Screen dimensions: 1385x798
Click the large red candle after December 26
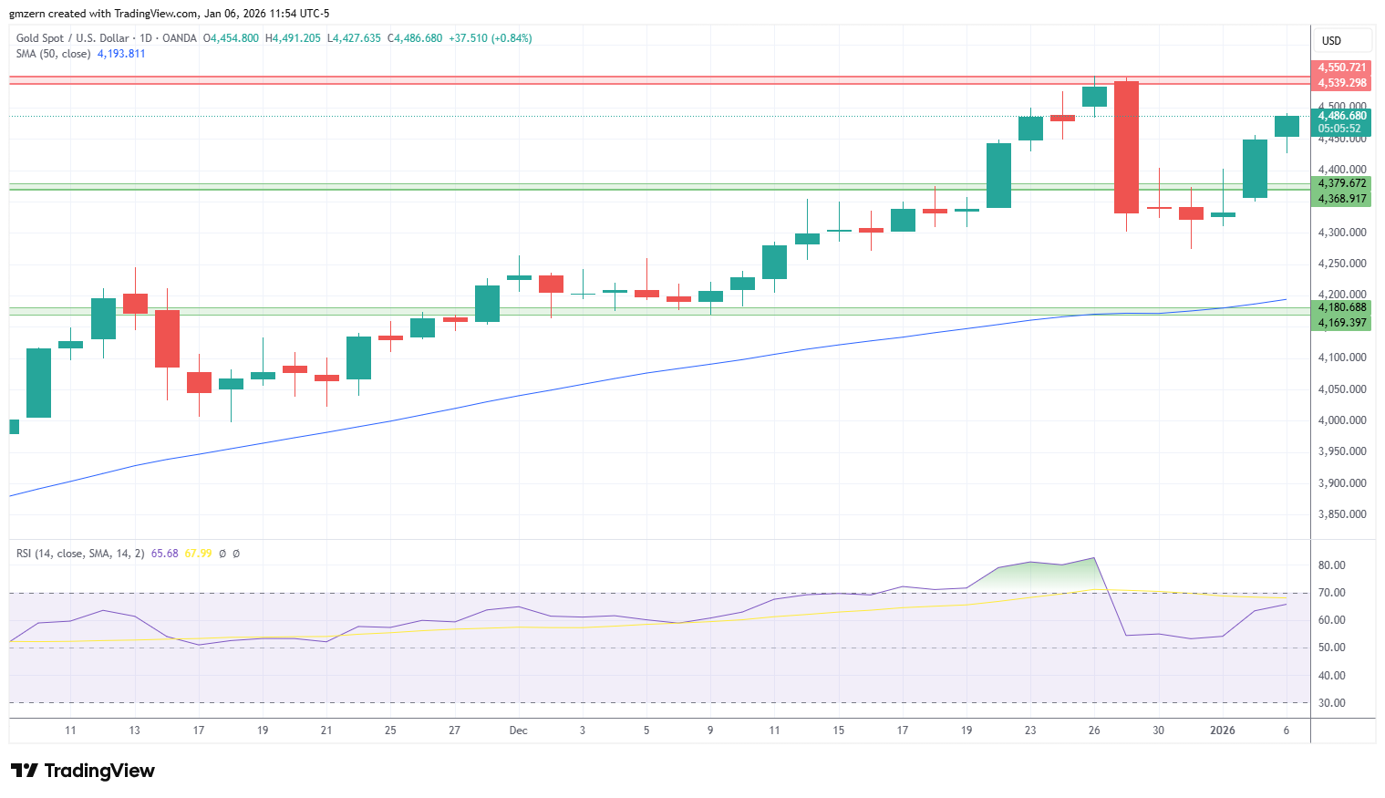(1126, 147)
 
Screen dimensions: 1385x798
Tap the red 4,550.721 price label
(1341, 67)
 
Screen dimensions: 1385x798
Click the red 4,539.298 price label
(1341, 83)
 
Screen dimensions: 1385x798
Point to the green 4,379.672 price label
(1341, 183)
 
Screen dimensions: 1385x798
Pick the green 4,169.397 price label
(1341, 323)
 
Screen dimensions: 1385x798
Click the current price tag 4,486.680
(1341, 116)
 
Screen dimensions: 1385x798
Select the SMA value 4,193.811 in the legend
(121, 54)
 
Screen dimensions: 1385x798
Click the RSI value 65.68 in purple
(164, 554)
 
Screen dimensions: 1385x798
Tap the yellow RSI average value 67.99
(198, 554)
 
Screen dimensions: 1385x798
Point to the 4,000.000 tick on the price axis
(1342, 420)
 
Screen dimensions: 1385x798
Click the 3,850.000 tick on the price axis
(1342, 514)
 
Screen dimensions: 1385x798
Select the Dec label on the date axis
(518, 731)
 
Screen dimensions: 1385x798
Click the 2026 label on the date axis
(1223, 731)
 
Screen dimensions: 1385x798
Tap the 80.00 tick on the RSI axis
(1332, 565)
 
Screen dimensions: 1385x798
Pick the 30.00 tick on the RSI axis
(1332, 703)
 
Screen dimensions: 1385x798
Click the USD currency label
(1332, 41)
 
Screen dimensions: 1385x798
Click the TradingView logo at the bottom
(83, 771)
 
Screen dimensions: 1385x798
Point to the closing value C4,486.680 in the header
(415, 38)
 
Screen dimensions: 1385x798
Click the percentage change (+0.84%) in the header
(512, 38)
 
